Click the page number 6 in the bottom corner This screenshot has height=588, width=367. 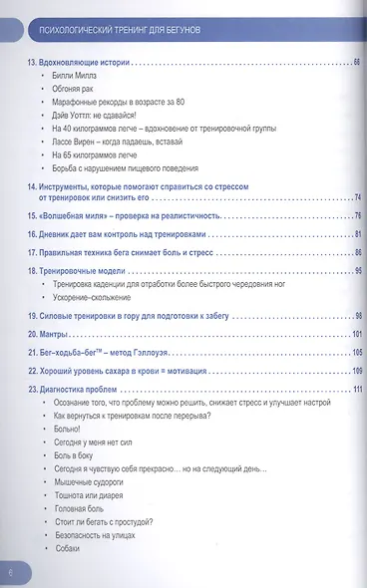tap(10, 572)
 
